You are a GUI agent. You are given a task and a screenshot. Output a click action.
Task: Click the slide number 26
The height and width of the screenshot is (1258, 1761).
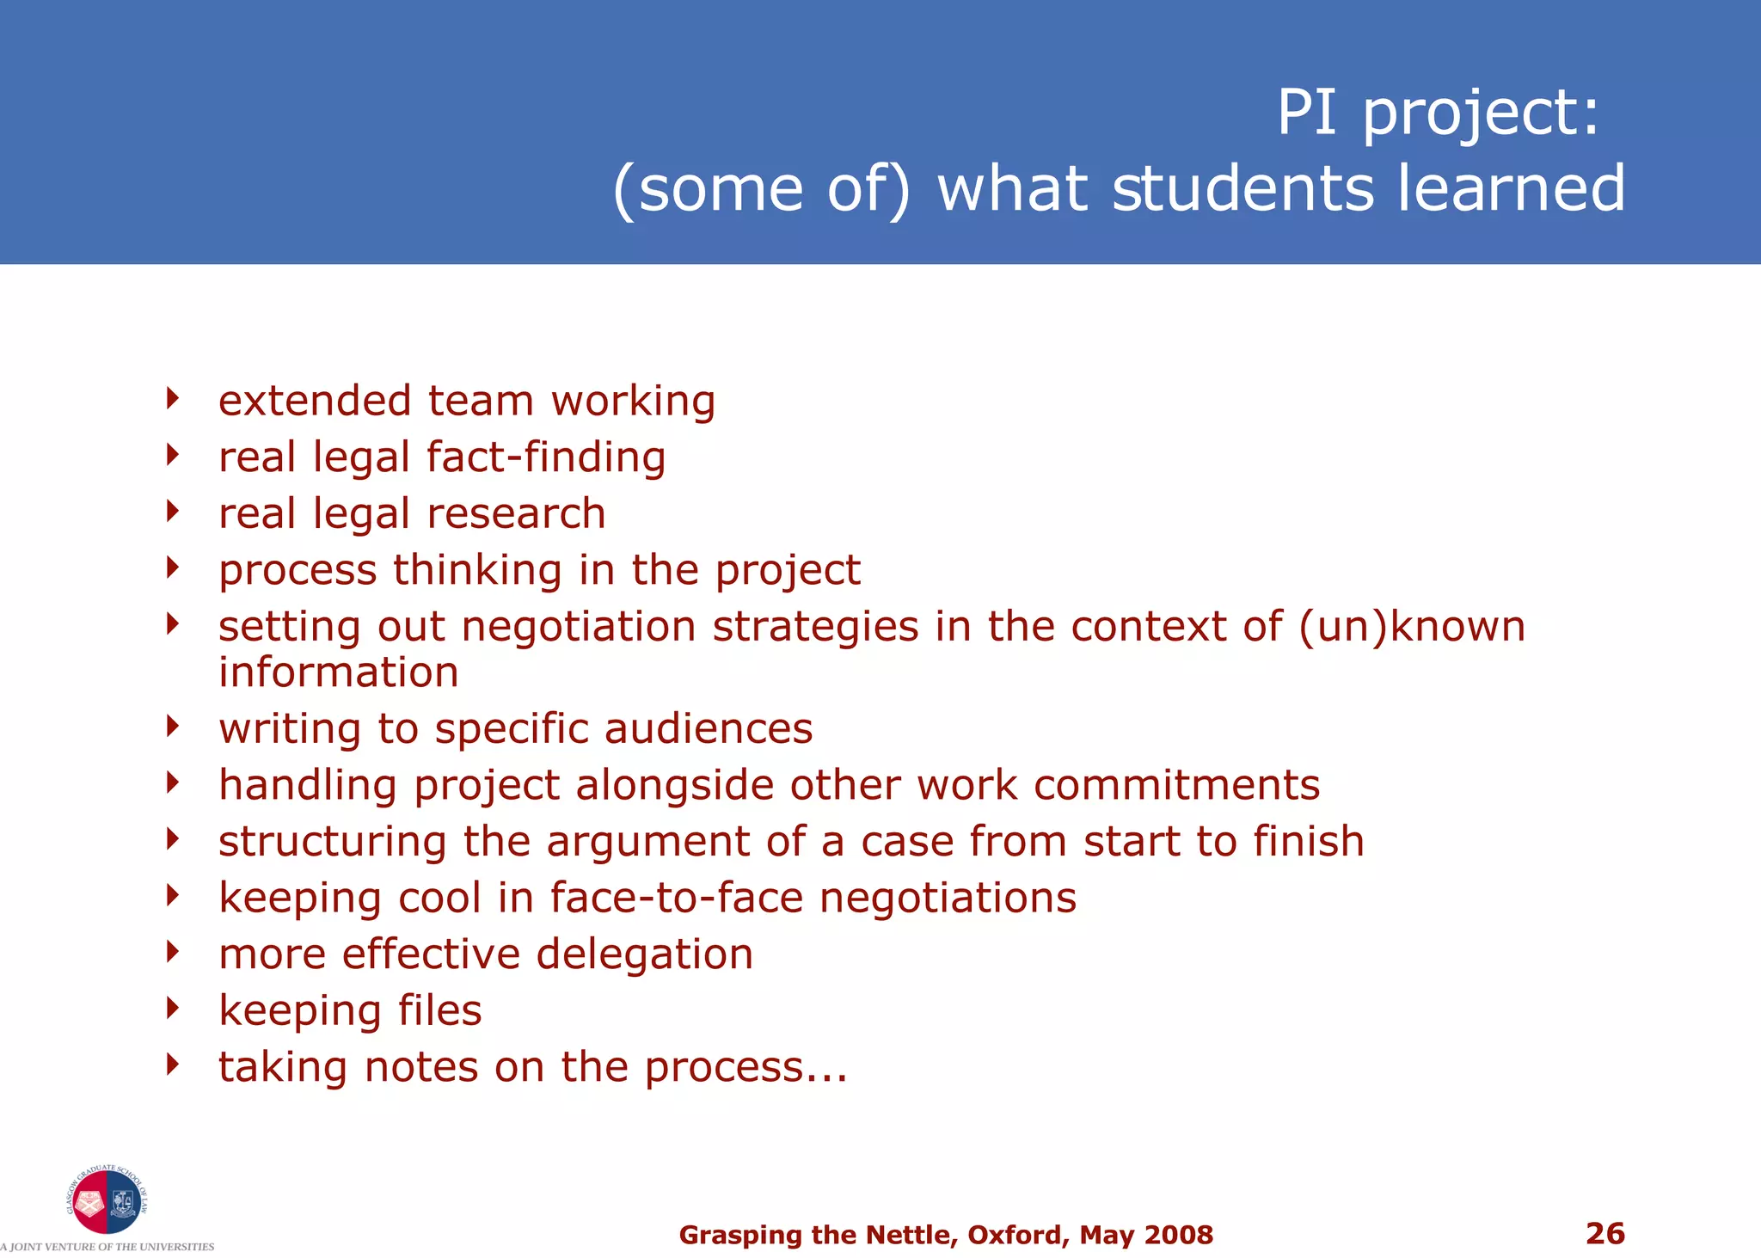(x=1605, y=1233)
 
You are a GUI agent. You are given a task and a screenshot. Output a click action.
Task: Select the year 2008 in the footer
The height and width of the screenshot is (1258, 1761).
(x=1180, y=1235)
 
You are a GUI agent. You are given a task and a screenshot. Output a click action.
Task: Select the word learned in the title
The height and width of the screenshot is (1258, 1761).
(x=1511, y=188)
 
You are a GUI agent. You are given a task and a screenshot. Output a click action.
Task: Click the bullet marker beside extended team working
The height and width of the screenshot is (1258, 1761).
(x=173, y=398)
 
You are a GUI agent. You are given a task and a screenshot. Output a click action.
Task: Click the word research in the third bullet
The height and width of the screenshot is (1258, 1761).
(x=516, y=513)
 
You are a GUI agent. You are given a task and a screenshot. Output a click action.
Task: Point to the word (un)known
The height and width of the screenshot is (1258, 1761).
(x=1412, y=626)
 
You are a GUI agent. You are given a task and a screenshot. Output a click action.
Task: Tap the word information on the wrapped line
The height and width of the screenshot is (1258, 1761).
(x=339, y=672)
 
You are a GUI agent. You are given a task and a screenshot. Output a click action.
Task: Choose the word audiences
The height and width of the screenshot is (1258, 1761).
(x=709, y=728)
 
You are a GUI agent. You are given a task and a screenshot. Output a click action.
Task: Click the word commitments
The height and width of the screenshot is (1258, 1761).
(x=1176, y=785)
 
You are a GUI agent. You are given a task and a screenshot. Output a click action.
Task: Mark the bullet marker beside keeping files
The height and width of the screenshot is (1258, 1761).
(x=173, y=1008)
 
